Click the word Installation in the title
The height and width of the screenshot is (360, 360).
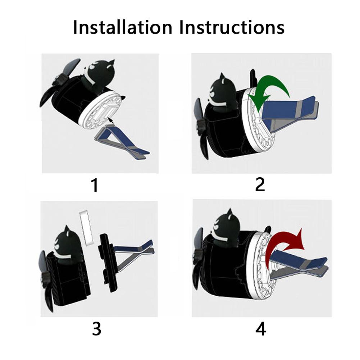[123, 27]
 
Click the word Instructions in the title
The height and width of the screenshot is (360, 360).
[232, 27]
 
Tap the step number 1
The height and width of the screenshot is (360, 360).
[95, 185]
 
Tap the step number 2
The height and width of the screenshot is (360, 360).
[260, 184]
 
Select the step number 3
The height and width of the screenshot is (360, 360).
[96, 329]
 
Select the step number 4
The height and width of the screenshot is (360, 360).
[261, 329]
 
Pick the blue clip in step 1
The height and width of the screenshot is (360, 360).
[122, 142]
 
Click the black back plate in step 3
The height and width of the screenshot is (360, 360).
[107, 263]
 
